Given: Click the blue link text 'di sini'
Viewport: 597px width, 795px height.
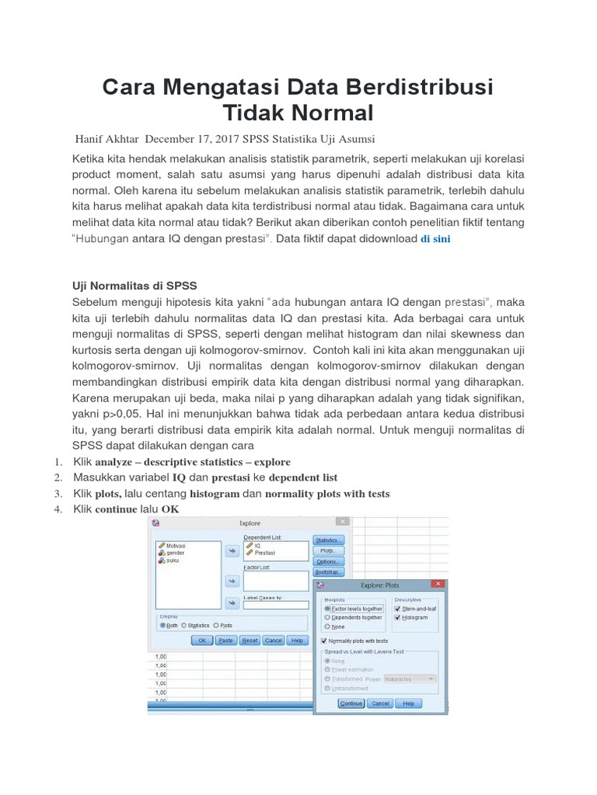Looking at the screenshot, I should [x=435, y=239].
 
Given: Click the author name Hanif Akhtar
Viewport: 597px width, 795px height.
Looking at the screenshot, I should [x=107, y=139].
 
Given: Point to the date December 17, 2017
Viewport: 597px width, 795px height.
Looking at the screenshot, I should [x=194, y=139].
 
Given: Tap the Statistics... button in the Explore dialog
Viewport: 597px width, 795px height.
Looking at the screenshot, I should [x=329, y=540].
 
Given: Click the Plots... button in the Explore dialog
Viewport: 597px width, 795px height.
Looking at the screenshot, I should [x=329, y=550].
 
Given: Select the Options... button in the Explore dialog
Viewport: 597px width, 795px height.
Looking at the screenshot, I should [x=329, y=561].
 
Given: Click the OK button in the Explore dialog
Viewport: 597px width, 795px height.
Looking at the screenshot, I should [x=201, y=641].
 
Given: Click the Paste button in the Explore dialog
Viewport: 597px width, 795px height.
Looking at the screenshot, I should [x=225, y=641].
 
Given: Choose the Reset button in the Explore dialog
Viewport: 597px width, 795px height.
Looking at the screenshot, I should [x=250, y=641].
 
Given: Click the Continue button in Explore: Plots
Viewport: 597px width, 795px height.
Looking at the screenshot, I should [x=351, y=703].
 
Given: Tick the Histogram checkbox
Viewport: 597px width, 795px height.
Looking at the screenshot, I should [x=398, y=617].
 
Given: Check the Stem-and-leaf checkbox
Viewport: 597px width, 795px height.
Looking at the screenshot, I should [x=398, y=609].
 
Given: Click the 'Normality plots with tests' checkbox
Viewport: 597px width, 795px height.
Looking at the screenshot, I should [x=325, y=641].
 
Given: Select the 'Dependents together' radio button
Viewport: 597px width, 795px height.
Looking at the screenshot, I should [x=327, y=617].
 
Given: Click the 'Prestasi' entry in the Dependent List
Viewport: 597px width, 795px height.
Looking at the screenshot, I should [x=264, y=552].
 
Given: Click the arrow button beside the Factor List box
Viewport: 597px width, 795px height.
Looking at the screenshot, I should [x=231, y=580].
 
